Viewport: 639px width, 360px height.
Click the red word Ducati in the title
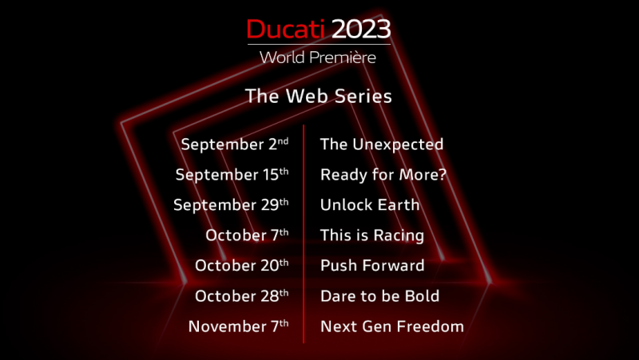(286, 29)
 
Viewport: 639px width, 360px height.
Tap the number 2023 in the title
(361, 29)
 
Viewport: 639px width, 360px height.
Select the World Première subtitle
(318, 57)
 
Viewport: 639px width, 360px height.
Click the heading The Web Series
(319, 97)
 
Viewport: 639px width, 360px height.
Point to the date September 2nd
(234, 144)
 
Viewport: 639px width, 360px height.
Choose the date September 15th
(232, 175)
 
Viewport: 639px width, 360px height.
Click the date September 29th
(231, 205)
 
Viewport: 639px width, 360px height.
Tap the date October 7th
(247, 235)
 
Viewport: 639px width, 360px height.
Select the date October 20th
(241, 266)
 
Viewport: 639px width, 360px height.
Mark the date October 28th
(241, 296)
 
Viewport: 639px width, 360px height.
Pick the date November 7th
(238, 326)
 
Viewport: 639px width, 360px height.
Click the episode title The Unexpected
(381, 144)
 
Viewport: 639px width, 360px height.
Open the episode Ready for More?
(383, 175)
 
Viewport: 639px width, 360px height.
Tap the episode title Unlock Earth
(369, 205)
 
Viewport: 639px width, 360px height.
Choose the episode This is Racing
(371, 235)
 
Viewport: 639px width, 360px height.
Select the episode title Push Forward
(371, 266)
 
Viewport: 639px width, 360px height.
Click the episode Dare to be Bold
(379, 296)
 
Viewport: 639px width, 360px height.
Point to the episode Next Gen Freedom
(391, 326)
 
